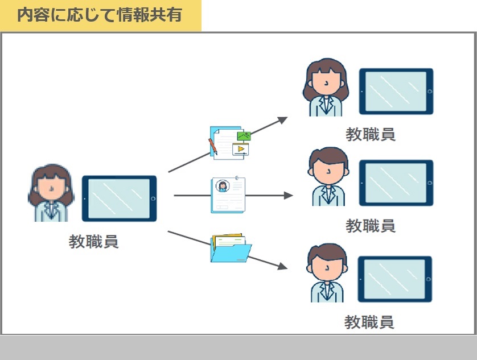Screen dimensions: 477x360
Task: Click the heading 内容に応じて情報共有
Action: pyautogui.click(x=100, y=15)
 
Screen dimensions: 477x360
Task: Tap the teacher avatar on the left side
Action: pyautogui.click(x=51, y=193)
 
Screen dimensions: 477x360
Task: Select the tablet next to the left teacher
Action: pyautogui.click(x=120, y=198)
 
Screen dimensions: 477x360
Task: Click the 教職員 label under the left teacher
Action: pyautogui.click(x=93, y=242)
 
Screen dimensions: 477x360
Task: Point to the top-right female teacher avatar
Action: pyautogui.click(x=326, y=87)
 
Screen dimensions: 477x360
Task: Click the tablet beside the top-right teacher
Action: pyautogui.click(x=396, y=91)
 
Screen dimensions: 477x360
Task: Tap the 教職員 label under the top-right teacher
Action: pyautogui.click(x=371, y=134)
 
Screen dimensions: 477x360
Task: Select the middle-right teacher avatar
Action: pyautogui.click(x=328, y=177)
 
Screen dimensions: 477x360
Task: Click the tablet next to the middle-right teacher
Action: pyautogui.click(x=396, y=183)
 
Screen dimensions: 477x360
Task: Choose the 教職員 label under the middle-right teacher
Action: pyautogui.click(x=371, y=226)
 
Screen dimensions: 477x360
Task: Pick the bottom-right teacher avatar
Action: pyautogui.click(x=327, y=273)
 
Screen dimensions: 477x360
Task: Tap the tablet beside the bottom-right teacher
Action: pyautogui.click(x=395, y=279)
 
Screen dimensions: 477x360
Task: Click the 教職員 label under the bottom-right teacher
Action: pyautogui.click(x=369, y=322)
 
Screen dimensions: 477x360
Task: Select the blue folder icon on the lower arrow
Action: pyautogui.click(x=231, y=248)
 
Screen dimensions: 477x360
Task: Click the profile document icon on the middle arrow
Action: pyautogui.click(x=228, y=195)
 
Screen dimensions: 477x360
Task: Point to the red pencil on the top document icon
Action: pyautogui.click(x=213, y=147)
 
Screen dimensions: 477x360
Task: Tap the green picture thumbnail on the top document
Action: pyautogui.click(x=244, y=136)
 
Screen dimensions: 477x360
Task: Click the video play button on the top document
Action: pyautogui.click(x=241, y=148)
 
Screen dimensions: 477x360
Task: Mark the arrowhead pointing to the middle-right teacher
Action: pyautogui.click(x=288, y=196)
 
